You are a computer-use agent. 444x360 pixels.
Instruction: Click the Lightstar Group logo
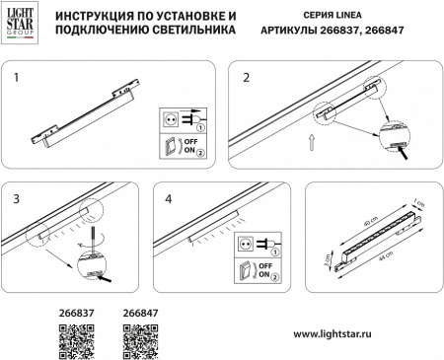pos(23,24)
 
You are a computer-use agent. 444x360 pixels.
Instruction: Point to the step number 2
pos(247,76)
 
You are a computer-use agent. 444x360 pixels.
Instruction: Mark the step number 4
pos(171,197)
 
